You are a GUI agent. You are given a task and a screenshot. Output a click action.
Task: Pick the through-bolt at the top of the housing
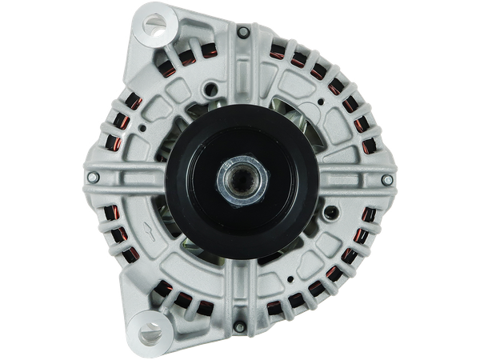242,32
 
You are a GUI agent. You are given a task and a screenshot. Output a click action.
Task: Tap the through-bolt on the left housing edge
94,177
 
